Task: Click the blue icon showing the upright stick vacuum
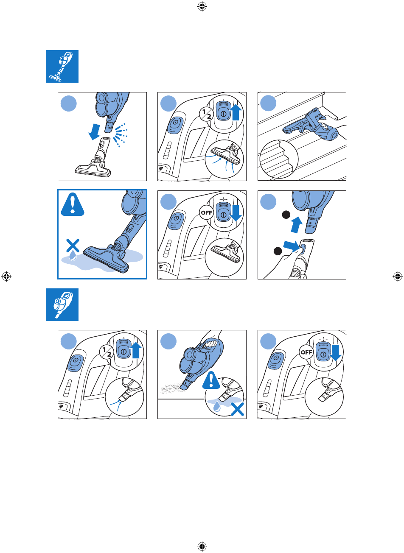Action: tap(62, 66)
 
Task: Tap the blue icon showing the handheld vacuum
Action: tap(62, 304)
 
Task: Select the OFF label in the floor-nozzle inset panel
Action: tap(206, 212)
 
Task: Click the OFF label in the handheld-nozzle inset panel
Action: tap(306, 352)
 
